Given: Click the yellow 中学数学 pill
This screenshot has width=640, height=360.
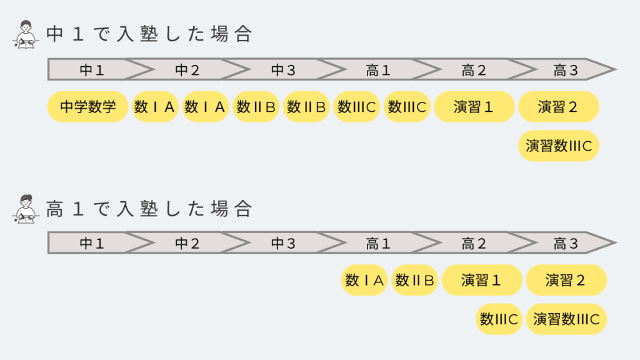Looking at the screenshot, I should click(x=88, y=107).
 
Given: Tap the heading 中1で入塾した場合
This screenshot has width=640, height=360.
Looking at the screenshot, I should click(x=149, y=34).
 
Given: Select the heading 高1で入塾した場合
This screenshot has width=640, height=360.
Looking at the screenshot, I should click(x=149, y=208).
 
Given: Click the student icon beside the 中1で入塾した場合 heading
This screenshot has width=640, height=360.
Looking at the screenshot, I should click(x=26, y=35).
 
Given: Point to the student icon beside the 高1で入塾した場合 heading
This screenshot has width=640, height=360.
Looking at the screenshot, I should click(x=26, y=209).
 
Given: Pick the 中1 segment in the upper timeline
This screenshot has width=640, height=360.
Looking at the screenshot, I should click(x=91, y=70).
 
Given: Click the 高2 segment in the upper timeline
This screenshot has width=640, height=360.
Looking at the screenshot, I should click(x=473, y=70).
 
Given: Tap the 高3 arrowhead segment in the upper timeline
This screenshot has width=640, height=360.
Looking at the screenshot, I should click(x=566, y=70).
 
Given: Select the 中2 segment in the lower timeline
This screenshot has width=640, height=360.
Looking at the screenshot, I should click(x=187, y=243).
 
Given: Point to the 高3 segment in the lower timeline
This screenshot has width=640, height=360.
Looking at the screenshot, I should click(x=566, y=243).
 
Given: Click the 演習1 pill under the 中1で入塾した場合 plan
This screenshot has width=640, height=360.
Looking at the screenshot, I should click(x=473, y=107).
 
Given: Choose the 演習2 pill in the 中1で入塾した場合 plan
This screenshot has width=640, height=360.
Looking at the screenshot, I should click(x=558, y=107).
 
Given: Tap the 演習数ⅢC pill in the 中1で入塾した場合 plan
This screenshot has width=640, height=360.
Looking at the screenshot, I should click(x=558, y=146).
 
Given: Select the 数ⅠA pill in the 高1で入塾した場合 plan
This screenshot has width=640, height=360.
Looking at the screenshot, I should click(x=365, y=280).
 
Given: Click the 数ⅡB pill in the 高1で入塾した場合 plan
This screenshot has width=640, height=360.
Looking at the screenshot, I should click(x=414, y=280).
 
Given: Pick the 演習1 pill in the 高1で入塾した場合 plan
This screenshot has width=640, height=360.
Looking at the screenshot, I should click(x=481, y=280).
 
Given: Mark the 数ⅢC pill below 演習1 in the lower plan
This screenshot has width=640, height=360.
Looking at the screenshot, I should click(x=499, y=319).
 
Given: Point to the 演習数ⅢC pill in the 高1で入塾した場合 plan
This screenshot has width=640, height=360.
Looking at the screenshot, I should click(x=566, y=319).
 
